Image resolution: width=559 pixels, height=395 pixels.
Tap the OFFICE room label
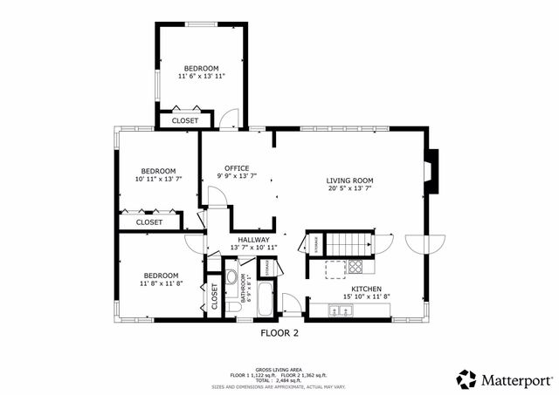pyautogui.click(x=237, y=168)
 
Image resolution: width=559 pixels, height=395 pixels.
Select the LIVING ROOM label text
pyautogui.click(x=350, y=180)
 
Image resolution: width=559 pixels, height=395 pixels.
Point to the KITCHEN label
pyautogui.click(x=366, y=289)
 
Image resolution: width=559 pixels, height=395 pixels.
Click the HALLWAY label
pyautogui.click(x=253, y=240)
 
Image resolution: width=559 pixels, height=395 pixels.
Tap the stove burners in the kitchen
pyautogui.click(x=355, y=267)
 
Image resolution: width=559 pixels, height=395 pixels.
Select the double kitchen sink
pyautogui.click(x=335, y=310)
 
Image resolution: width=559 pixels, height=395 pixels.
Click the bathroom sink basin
pyautogui.click(x=232, y=278)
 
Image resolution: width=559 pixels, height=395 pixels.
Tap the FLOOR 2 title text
pyautogui.click(x=279, y=332)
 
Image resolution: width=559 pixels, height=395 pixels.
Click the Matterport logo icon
pyautogui.click(x=467, y=379)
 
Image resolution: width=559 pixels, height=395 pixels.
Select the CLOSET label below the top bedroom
pyautogui.click(x=184, y=120)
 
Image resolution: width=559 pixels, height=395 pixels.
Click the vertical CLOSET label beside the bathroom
pyautogui.click(x=214, y=296)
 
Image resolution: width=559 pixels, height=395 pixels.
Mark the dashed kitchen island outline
pyautogui.click(x=336, y=267)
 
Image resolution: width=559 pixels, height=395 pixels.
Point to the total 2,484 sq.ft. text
pyautogui.click(x=279, y=379)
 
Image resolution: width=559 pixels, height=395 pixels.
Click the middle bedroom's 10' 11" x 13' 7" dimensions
pyautogui.click(x=159, y=179)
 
